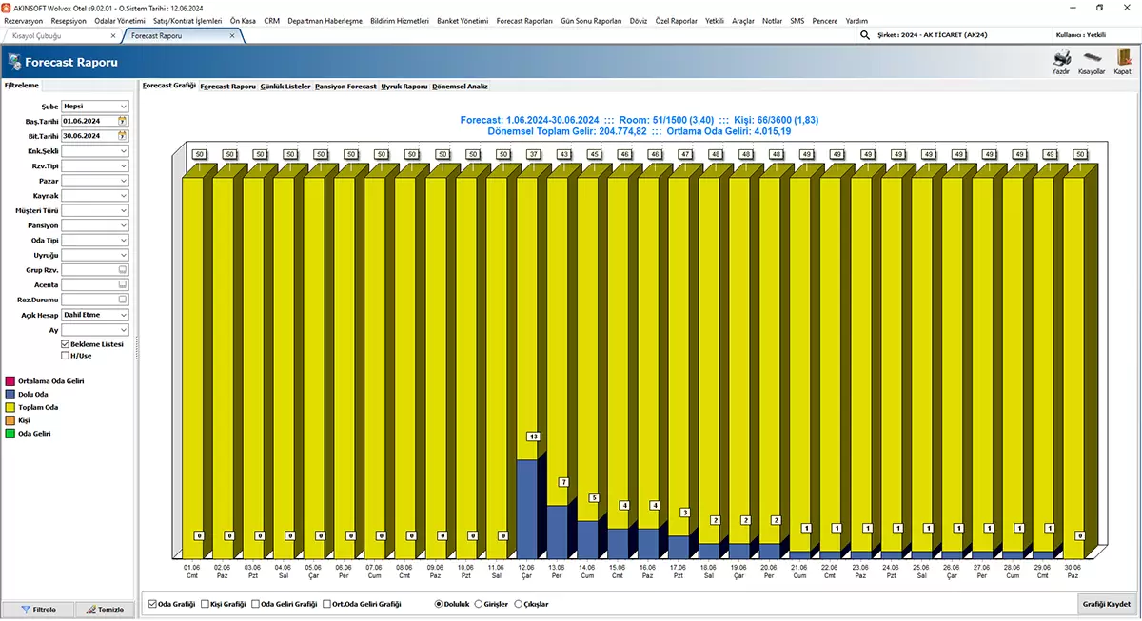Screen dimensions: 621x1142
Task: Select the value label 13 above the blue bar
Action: pyautogui.click(x=533, y=437)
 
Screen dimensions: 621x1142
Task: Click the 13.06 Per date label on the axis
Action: pyautogui.click(x=557, y=571)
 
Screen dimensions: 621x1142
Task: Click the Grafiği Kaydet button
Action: pyautogui.click(x=1106, y=604)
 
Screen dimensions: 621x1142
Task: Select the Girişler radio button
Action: pyautogui.click(x=479, y=604)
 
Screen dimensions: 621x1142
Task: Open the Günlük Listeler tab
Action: pyautogui.click(x=285, y=86)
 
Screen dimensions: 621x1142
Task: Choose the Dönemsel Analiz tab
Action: pyautogui.click(x=460, y=86)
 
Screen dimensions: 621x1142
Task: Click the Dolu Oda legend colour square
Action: pyautogui.click(x=10, y=394)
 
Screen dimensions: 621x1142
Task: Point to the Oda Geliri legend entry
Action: pyautogui.click(x=34, y=433)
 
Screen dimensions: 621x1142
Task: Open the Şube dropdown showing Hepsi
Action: pyautogui.click(x=95, y=107)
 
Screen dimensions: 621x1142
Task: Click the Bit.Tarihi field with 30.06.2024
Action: pyautogui.click(x=89, y=136)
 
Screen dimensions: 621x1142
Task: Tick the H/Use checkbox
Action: pyautogui.click(x=65, y=356)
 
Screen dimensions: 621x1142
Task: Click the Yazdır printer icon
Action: pyautogui.click(x=1061, y=60)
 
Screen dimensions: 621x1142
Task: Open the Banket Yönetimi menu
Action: pyautogui.click(x=462, y=20)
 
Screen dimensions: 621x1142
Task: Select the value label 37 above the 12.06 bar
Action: pyautogui.click(x=533, y=154)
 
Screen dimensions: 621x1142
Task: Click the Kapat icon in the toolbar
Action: pyautogui.click(x=1122, y=60)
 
